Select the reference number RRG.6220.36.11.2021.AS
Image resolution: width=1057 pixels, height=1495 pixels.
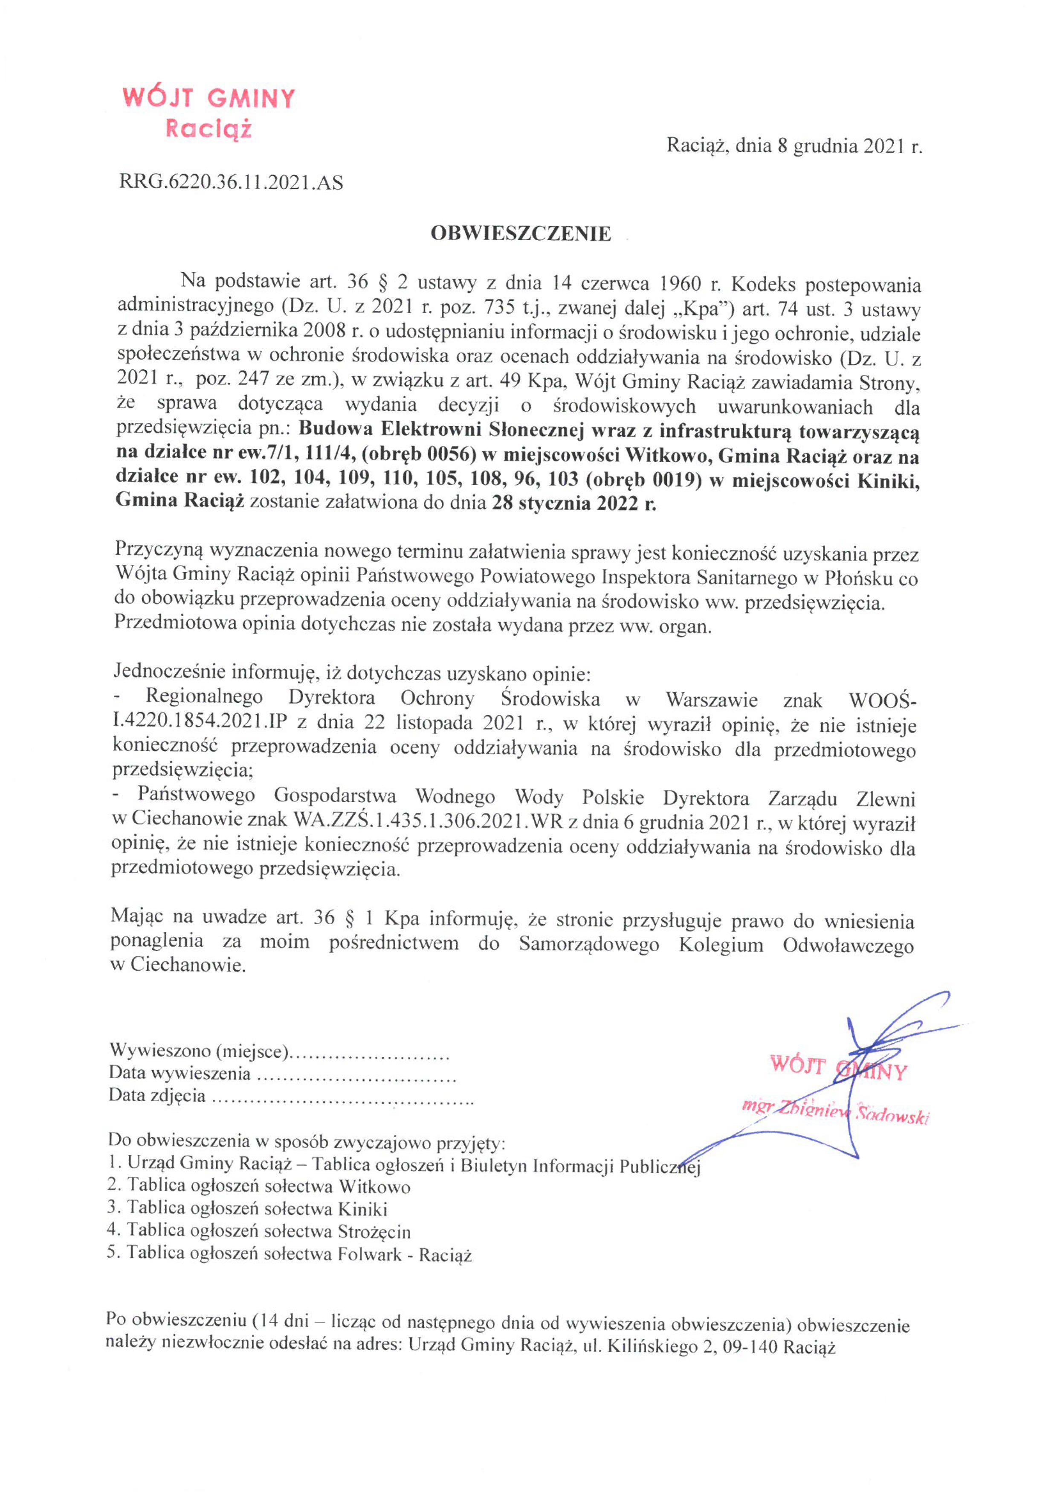coord(231,182)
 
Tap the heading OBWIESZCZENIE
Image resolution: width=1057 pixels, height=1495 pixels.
coord(521,234)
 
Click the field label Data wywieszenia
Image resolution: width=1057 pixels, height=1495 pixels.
coord(180,1073)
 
